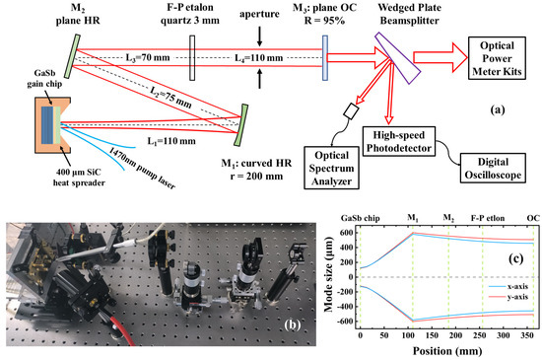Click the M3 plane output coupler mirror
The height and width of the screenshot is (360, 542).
(x=325, y=56)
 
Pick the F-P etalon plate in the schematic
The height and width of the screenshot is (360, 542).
(x=192, y=56)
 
